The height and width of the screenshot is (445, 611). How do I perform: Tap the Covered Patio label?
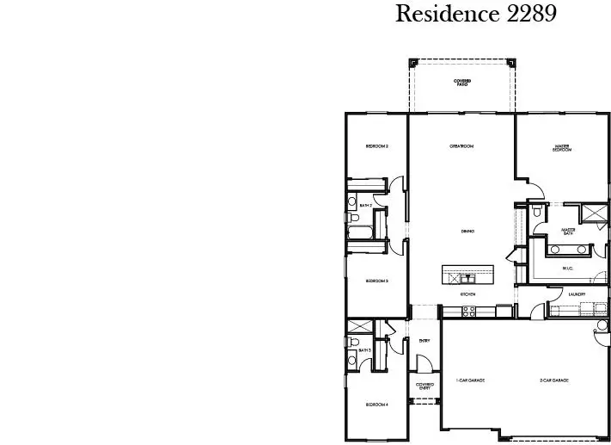click(x=462, y=83)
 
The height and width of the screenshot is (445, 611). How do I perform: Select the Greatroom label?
click(x=461, y=146)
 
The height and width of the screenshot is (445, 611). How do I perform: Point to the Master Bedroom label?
click(x=563, y=148)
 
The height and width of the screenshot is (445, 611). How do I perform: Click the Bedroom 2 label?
click(x=377, y=146)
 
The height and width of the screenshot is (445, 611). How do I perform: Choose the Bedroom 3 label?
click(x=377, y=281)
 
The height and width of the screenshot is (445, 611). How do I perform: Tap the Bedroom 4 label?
click(x=377, y=405)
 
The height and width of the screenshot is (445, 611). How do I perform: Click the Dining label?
click(x=467, y=232)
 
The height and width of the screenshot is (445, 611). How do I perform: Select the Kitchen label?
click(x=467, y=294)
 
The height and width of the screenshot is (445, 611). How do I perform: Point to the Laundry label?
click(x=577, y=294)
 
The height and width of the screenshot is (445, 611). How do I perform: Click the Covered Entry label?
click(x=425, y=386)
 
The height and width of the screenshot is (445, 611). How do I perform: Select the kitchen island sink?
click(x=468, y=278)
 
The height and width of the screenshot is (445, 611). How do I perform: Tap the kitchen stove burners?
click(x=468, y=311)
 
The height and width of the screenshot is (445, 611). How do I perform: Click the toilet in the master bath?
click(x=536, y=209)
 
